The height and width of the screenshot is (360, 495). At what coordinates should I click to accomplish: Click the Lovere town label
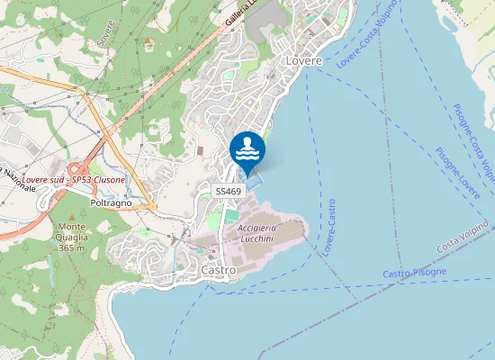pos(303,60)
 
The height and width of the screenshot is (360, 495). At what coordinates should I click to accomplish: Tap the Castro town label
pos(219,270)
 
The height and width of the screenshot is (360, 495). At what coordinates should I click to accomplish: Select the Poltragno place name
pos(112,202)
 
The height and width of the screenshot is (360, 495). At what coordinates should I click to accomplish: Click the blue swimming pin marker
pos(247,150)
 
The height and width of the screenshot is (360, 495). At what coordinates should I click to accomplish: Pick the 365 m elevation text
pos(71,247)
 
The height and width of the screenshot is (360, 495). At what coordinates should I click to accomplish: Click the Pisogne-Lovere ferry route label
pos(457,173)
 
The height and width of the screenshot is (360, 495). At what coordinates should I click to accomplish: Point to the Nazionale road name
pos(16,176)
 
